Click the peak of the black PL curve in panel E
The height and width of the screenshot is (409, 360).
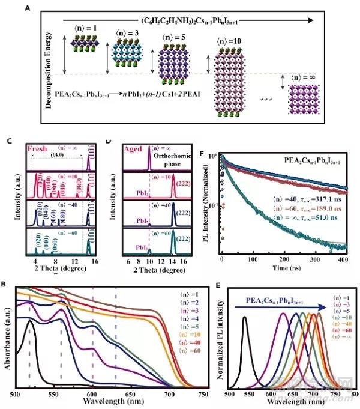click(x=244, y=317)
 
